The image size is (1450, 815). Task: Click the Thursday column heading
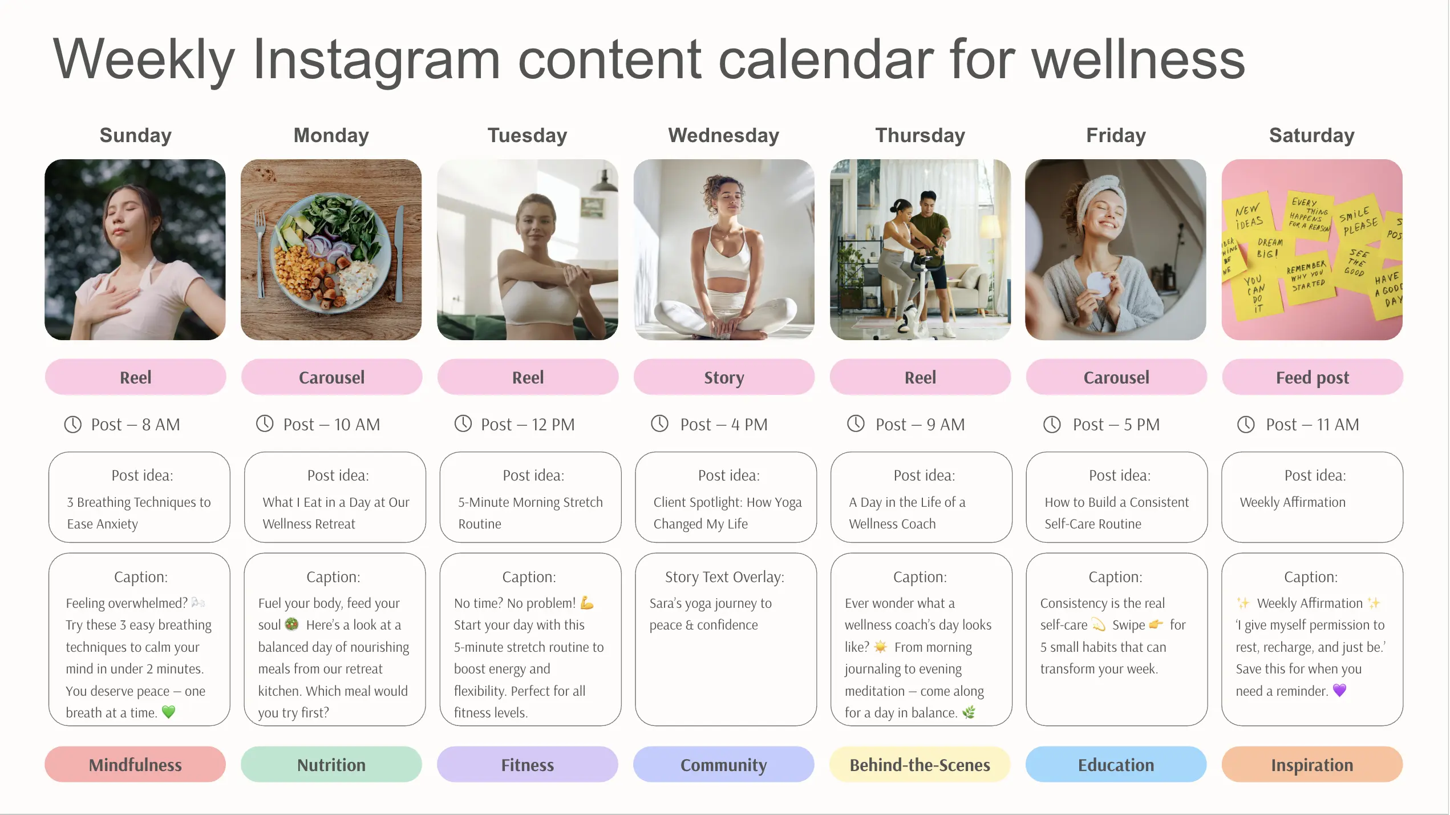click(920, 136)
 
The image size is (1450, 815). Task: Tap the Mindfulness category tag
click(135, 765)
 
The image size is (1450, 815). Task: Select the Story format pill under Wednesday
click(723, 377)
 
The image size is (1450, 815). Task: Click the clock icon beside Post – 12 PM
click(463, 424)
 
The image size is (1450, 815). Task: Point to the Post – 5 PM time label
click(1116, 425)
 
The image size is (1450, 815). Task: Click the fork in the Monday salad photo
click(261, 251)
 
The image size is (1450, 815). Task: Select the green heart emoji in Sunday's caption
click(168, 712)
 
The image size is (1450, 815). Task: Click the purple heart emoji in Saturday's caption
click(1339, 691)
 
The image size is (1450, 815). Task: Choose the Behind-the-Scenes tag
click(920, 765)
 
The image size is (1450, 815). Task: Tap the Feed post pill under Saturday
click(1312, 377)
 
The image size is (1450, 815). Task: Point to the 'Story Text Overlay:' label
click(724, 577)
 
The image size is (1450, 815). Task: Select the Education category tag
click(1116, 765)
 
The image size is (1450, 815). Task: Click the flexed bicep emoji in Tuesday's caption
click(587, 603)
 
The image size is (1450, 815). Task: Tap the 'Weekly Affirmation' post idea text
click(1293, 502)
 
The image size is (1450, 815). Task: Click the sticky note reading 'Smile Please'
click(1359, 221)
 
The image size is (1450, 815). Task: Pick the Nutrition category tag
click(331, 765)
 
